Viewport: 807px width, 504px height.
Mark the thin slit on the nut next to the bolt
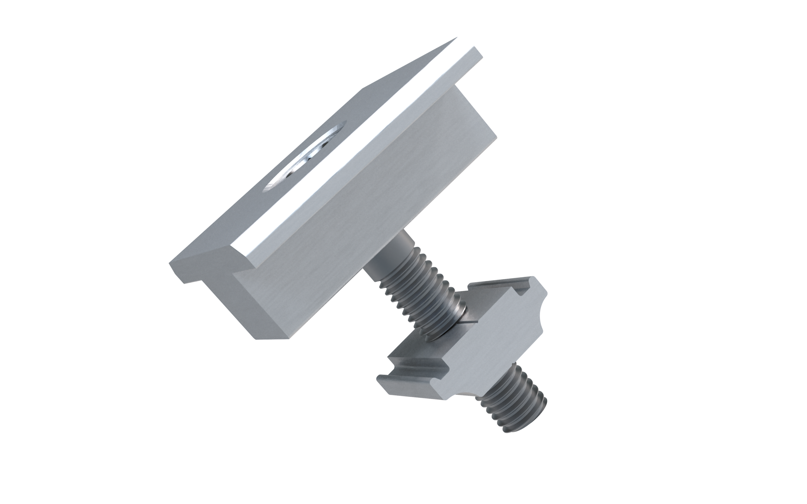(470, 322)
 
